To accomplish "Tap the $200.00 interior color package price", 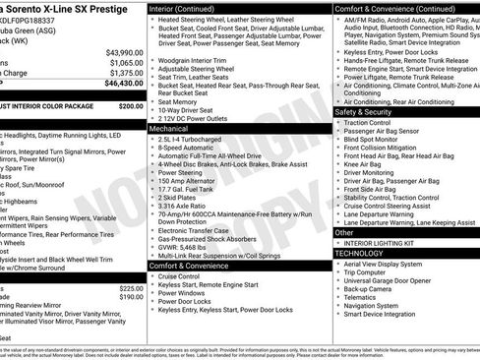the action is tap(131, 105).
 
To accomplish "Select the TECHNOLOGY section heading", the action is tap(358, 253).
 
